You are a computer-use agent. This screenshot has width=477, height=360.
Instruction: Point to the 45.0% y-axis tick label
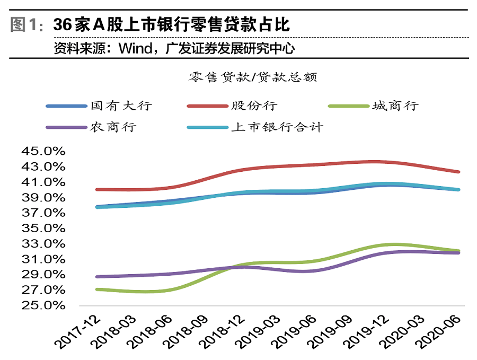tap(43, 151)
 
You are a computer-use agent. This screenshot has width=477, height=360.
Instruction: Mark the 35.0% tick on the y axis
tap(43, 229)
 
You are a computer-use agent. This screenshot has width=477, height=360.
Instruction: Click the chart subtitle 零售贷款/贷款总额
tap(253, 77)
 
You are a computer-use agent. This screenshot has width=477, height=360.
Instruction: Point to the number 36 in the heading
tap(62, 25)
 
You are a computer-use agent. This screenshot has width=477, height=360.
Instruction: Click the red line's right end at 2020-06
tap(458, 172)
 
